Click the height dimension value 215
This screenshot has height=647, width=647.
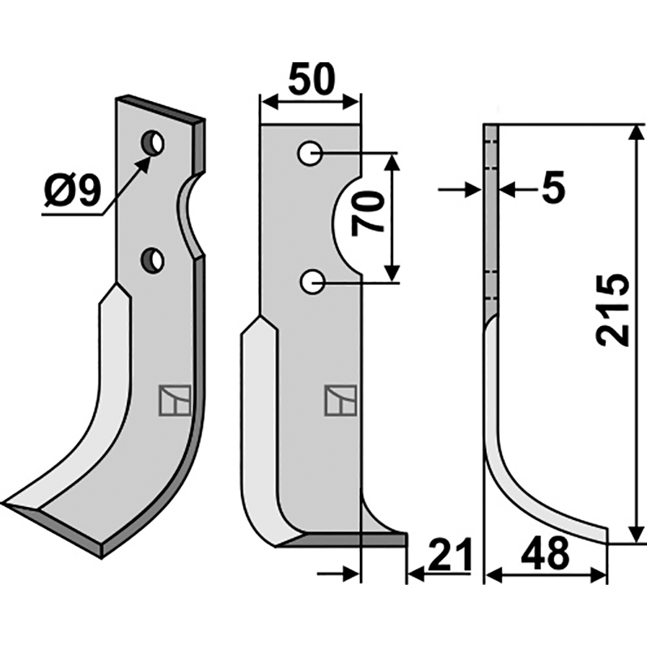pyautogui.click(x=612, y=311)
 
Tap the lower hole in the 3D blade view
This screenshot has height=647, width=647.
pyautogui.click(x=152, y=260)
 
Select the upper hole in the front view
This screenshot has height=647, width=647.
pyautogui.click(x=310, y=152)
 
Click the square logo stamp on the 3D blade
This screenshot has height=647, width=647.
pyautogui.click(x=174, y=400)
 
